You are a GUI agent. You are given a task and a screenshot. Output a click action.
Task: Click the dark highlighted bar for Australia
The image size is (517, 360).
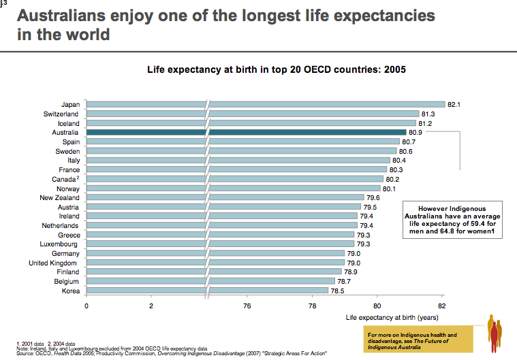[307, 132]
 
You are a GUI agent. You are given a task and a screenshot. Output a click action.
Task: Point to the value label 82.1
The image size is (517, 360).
[455, 104]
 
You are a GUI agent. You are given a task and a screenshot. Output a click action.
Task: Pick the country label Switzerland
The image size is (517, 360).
[63, 114]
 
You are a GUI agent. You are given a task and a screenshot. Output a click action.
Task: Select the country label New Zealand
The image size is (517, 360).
[59, 197]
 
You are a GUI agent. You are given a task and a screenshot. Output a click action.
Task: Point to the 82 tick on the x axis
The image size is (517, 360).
[442, 306]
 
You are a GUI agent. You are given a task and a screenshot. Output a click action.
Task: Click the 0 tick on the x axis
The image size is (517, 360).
[87, 306]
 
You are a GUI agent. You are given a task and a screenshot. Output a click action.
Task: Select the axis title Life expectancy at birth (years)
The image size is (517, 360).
[391, 317]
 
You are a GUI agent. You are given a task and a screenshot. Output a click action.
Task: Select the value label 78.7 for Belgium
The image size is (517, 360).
[345, 281]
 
